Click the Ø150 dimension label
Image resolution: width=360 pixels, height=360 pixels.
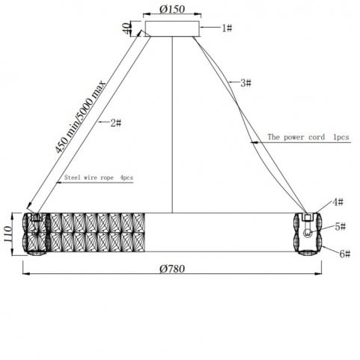172,9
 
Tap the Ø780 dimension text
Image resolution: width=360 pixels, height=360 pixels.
172,269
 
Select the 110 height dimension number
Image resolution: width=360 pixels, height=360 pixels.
8,234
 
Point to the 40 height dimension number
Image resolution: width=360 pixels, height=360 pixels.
127,28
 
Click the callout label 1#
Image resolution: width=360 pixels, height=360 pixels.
227,28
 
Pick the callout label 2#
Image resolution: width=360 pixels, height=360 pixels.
116,123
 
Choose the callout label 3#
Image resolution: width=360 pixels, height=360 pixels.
245,83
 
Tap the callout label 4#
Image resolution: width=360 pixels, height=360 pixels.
338,201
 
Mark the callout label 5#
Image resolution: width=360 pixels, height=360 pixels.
341,227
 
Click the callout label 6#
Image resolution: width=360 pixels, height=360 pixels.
345,254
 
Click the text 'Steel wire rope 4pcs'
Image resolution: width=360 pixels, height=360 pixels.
99,177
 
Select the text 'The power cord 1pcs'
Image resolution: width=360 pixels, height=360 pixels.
308,137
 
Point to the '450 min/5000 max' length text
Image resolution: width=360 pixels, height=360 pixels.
81,117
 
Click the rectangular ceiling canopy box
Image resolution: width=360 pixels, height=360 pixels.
172,28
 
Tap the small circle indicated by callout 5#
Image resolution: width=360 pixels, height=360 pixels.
308,234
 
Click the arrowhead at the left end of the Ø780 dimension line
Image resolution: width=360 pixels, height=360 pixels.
25,274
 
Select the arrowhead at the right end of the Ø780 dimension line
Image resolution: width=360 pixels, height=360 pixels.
318,274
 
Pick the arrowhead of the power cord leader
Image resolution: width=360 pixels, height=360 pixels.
254,142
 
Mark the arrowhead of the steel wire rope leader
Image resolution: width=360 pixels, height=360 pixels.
59,183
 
